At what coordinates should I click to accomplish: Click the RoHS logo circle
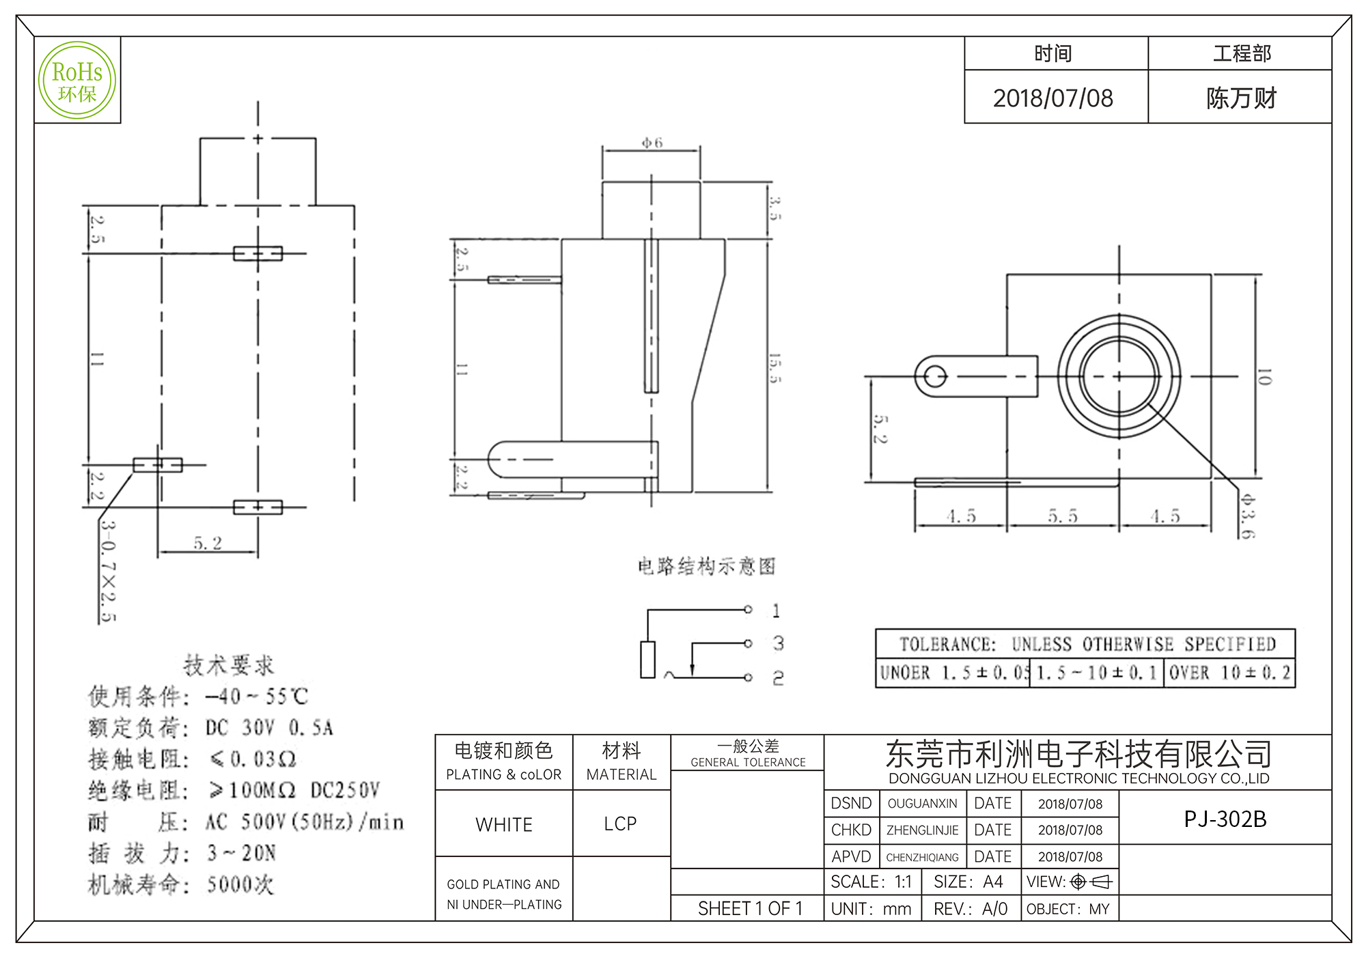coord(77,81)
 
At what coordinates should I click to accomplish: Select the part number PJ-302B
coord(1225,819)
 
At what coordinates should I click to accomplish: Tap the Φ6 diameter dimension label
coord(652,143)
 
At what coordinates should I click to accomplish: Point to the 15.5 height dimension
coord(774,368)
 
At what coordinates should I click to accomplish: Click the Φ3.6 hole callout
coord(1247,516)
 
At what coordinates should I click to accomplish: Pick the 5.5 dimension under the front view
coord(1063,516)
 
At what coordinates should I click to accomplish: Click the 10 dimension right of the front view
coord(1264,377)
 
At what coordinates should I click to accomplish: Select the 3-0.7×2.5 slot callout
coord(108,571)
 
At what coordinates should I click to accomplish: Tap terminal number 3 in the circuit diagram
coord(778,643)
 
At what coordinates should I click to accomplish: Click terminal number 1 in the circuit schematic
coord(776,610)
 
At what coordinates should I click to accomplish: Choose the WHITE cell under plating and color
coord(504,825)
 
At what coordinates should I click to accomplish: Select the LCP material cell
coord(620,824)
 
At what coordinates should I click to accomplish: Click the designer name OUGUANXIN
coord(922,804)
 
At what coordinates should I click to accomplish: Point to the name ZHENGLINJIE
coord(922,830)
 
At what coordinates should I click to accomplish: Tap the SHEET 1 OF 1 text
coord(750,909)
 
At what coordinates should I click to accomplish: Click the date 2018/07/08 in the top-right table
coord(1053,98)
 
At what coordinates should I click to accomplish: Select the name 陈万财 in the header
coord(1241,98)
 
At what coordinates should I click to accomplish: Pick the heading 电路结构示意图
coord(706,566)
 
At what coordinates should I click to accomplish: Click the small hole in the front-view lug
coord(935,376)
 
